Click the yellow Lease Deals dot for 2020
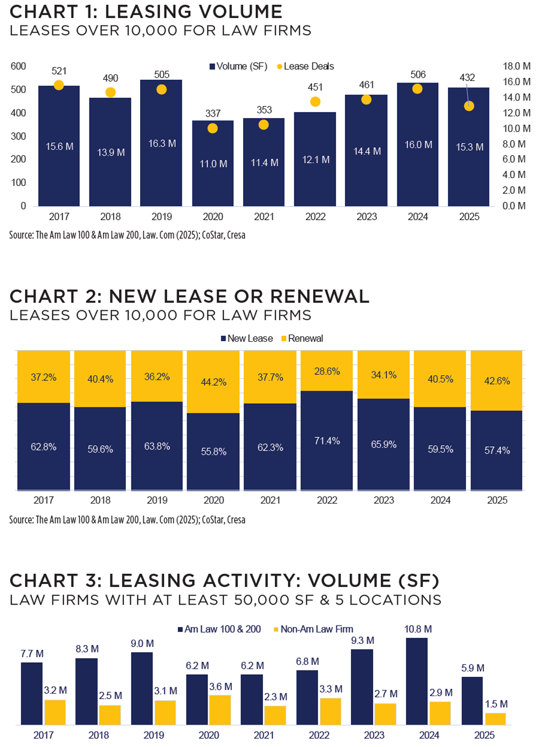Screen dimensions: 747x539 click(212, 128)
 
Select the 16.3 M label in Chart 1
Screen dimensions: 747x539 click(162, 144)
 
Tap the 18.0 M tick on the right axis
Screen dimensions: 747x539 click(516, 66)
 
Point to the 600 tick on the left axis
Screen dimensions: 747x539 click(18, 66)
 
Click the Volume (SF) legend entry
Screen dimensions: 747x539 click(239, 66)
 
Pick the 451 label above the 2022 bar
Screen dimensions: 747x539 click(315, 87)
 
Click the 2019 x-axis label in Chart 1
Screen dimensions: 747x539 click(162, 216)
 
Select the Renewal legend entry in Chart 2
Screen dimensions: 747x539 click(302, 338)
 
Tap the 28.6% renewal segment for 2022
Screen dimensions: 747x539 click(327, 371)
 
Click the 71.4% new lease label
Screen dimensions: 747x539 click(327, 441)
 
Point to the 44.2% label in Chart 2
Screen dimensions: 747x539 click(213, 382)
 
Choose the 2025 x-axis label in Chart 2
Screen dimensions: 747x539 click(497, 500)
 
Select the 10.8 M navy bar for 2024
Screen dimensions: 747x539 click(417, 681)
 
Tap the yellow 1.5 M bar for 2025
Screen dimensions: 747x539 click(495, 719)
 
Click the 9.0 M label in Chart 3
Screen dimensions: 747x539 click(142, 644)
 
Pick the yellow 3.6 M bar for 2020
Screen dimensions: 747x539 click(220, 710)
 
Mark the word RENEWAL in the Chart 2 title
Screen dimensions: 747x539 click(320, 296)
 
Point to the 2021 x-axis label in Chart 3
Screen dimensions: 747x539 click(264, 735)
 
